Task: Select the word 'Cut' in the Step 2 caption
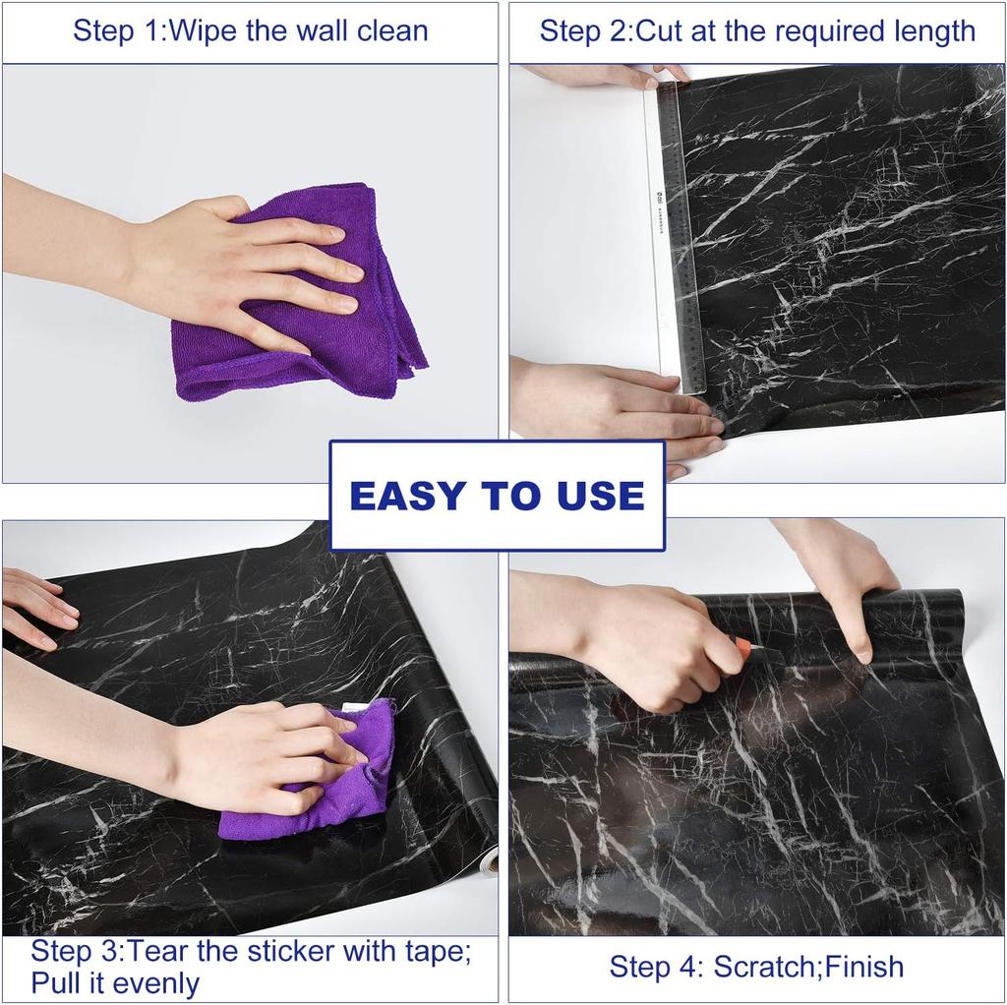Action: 658,30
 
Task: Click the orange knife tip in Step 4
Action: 742,646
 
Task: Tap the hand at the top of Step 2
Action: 610,75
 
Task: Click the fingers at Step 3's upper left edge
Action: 39,605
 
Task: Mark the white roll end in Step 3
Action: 490,862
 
